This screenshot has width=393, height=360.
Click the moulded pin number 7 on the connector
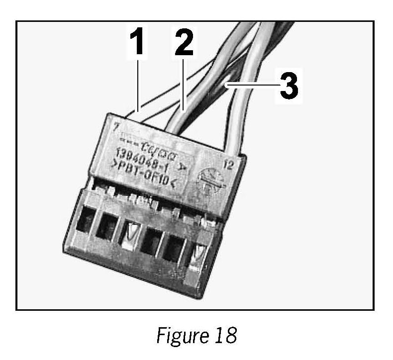115,128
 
